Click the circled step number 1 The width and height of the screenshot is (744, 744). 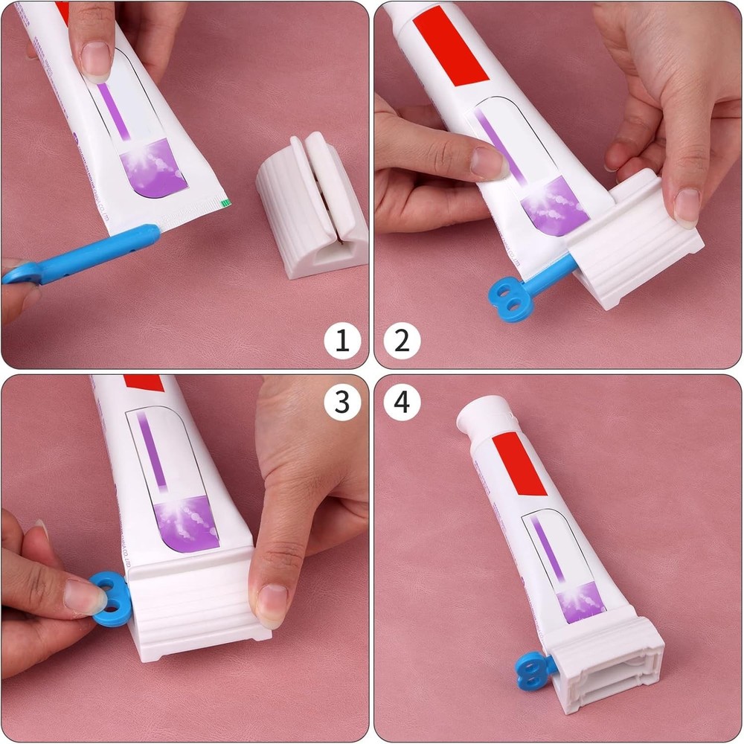[x=342, y=341]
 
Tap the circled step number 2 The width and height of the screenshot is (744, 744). [x=402, y=341]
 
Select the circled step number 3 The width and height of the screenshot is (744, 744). [x=342, y=403]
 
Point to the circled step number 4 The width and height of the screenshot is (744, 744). [x=402, y=403]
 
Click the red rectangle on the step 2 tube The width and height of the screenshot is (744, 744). [x=449, y=45]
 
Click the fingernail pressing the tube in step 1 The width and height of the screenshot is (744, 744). [x=96, y=60]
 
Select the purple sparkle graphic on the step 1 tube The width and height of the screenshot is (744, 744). [x=153, y=167]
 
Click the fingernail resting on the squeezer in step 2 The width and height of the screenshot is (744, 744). [x=686, y=205]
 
